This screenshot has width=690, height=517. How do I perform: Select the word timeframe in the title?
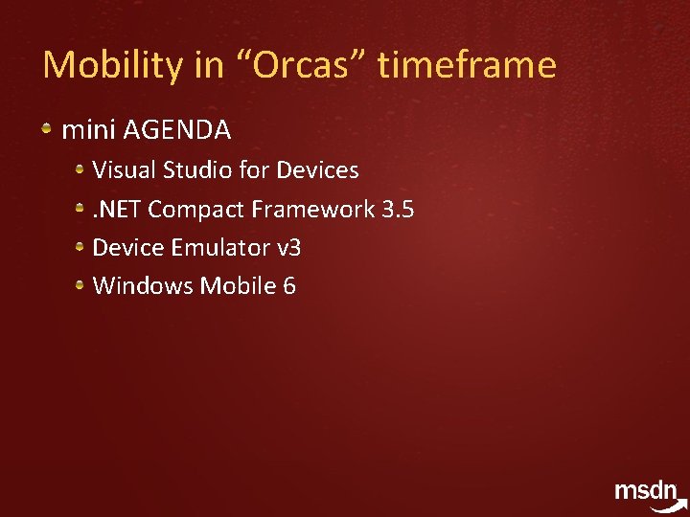(x=467, y=65)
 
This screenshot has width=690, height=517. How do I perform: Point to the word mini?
(x=89, y=129)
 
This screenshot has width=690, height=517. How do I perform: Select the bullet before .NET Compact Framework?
(x=81, y=208)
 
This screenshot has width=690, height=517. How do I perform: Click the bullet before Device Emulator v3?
(x=81, y=247)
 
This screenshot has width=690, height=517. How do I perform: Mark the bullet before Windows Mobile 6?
(x=81, y=285)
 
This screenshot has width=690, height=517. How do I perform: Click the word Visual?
(x=125, y=170)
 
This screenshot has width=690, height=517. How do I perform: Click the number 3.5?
(x=398, y=209)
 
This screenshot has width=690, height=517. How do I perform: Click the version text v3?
(x=288, y=247)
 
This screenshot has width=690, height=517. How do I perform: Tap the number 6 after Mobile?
(x=289, y=285)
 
